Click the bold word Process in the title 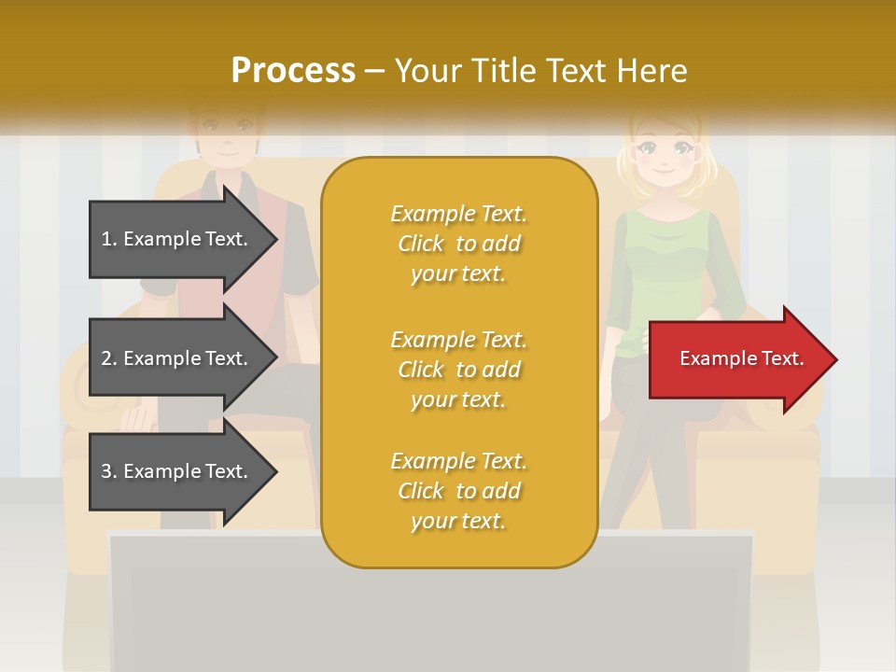click(293, 71)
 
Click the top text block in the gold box click(458, 244)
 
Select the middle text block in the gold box click(458, 370)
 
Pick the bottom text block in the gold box click(458, 491)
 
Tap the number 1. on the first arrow click(109, 239)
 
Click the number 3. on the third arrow click(109, 471)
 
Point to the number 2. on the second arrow click(109, 358)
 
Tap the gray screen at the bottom click(429, 607)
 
